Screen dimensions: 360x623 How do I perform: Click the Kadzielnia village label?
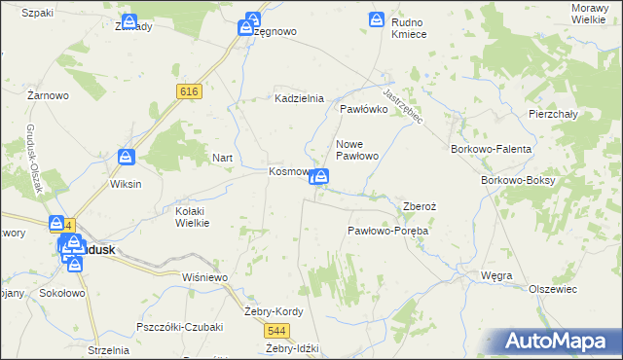299,99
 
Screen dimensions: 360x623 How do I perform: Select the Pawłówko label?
364,110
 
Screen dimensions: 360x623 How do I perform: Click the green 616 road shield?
190,90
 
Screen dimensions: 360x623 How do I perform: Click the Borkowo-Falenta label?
492,149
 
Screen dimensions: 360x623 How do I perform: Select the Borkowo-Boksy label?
518,181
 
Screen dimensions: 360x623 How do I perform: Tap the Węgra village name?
496,276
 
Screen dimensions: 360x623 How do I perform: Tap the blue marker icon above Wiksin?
127,157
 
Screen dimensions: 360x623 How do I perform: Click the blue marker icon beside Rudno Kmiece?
377,19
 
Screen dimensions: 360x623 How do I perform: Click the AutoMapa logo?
558,342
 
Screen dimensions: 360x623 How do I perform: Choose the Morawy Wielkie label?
593,13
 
